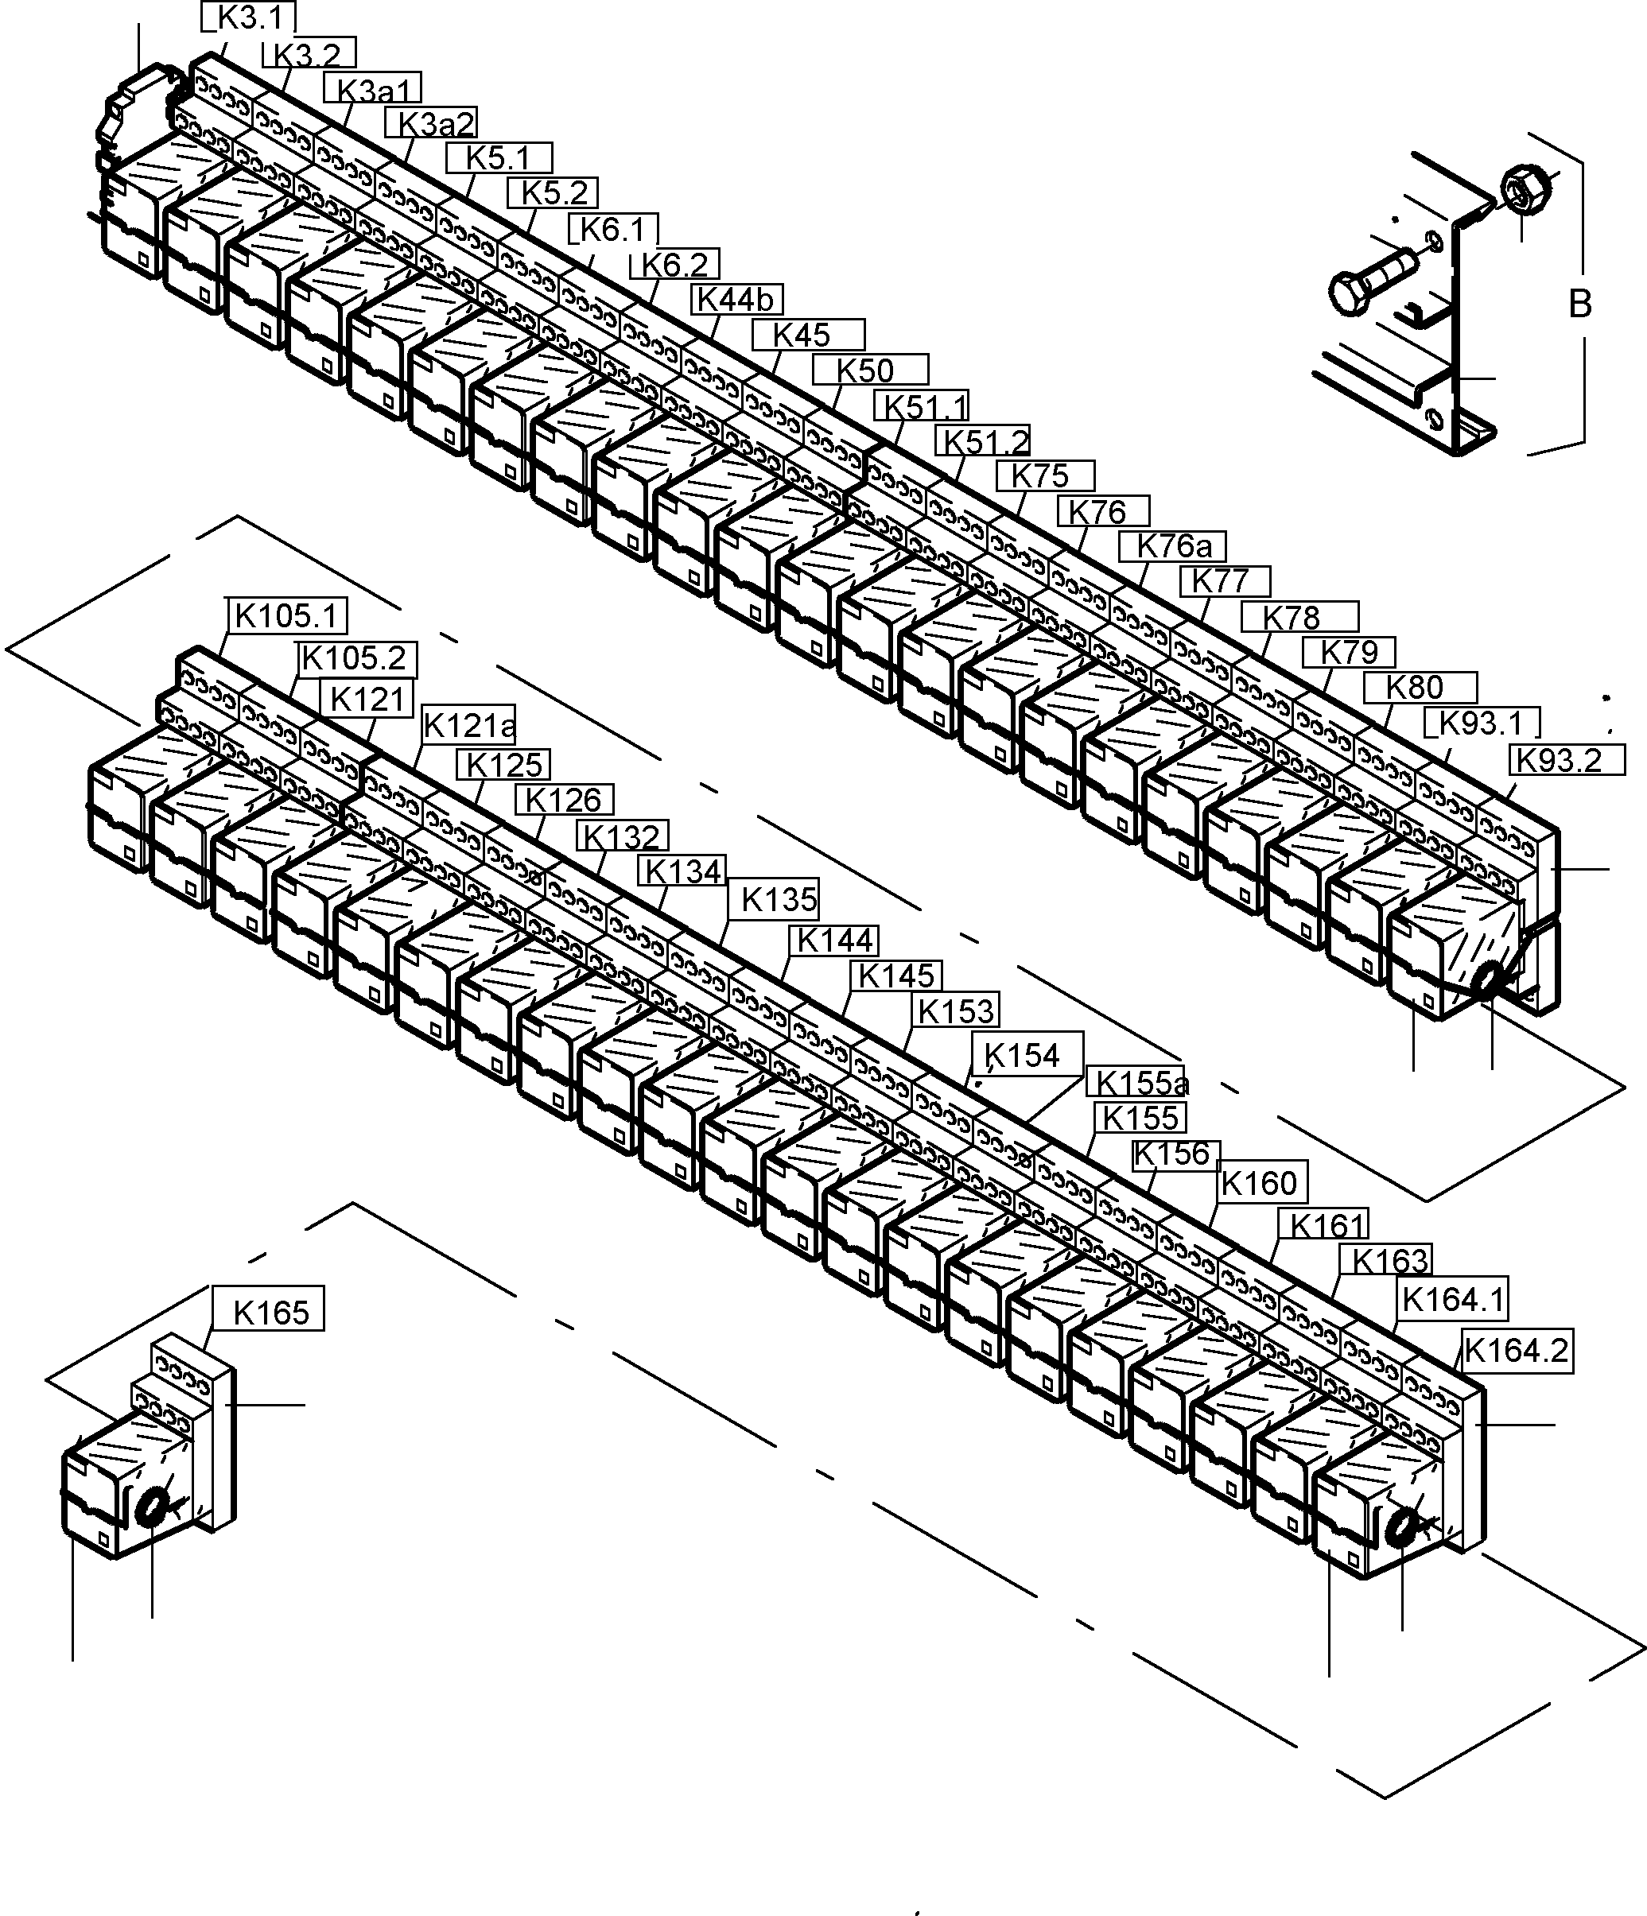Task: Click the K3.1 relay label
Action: click(x=249, y=17)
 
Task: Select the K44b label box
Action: click(x=737, y=300)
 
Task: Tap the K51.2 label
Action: click(x=984, y=442)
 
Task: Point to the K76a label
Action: click(x=1172, y=546)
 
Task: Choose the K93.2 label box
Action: click(x=1567, y=760)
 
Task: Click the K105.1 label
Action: click(x=286, y=615)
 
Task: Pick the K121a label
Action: click(x=468, y=726)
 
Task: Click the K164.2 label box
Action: click(x=1517, y=1351)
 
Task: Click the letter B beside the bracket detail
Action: click(x=1580, y=304)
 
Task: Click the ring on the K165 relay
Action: click(x=152, y=1508)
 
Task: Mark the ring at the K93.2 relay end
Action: click(x=1490, y=980)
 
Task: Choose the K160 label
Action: click(x=1259, y=1183)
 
